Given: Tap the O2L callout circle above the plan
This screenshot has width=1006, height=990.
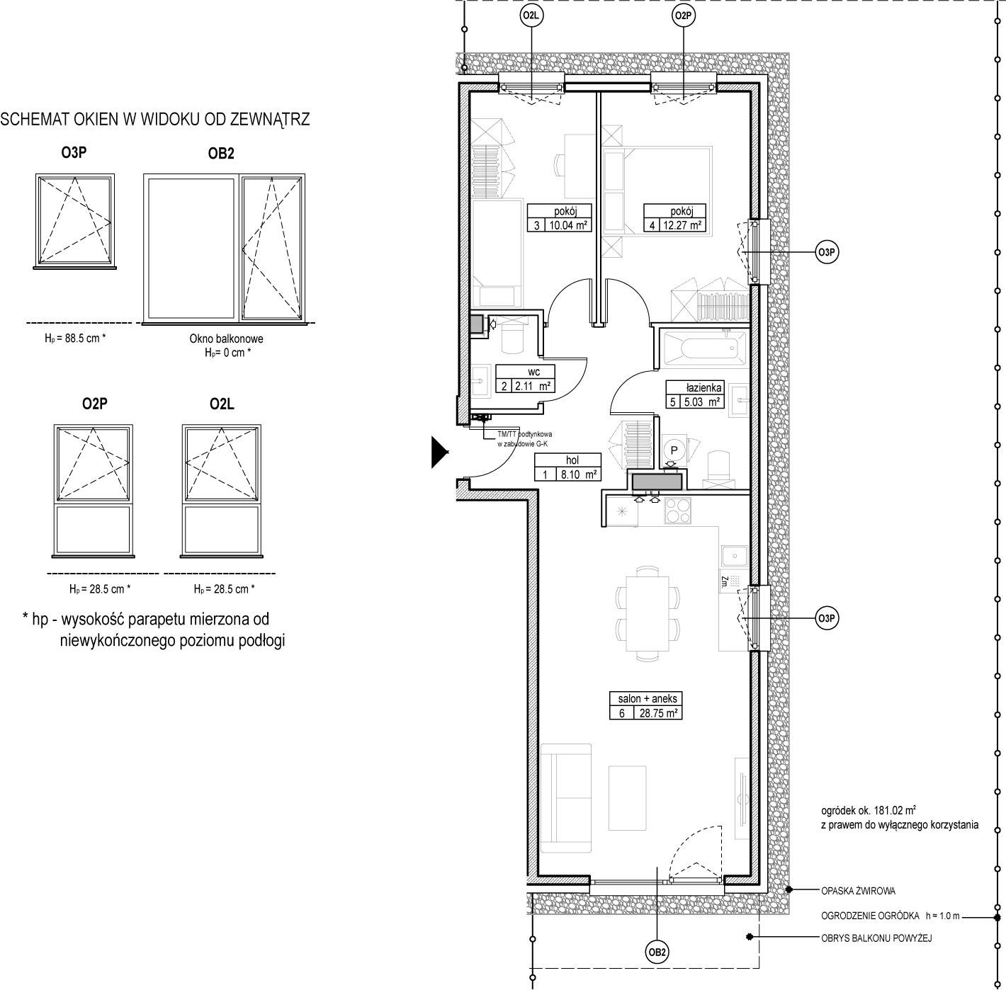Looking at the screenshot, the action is click(x=531, y=16).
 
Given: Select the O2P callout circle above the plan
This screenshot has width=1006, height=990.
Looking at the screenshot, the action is click(x=683, y=16).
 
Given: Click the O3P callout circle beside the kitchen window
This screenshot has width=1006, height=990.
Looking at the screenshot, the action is click(x=827, y=618).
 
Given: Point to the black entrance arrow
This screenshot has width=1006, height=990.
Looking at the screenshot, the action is click(x=439, y=452).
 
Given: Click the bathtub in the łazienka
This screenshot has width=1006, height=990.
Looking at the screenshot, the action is click(x=704, y=348).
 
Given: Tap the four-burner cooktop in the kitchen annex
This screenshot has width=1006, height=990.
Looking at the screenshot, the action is click(x=677, y=511).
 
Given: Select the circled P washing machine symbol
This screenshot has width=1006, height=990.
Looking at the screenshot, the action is click(x=674, y=450).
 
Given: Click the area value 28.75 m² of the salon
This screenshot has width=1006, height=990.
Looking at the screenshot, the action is click(x=658, y=713).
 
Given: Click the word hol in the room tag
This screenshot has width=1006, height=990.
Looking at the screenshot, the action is click(x=572, y=460).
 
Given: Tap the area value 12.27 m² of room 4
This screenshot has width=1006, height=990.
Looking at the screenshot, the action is click(x=682, y=225).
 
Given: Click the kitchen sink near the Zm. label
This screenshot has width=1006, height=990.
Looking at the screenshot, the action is click(x=735, y=557).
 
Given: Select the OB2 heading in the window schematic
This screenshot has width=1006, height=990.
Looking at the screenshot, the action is click(x=221, y=154).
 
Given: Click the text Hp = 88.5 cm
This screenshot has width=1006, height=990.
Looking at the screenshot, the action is click(x=75, y=338).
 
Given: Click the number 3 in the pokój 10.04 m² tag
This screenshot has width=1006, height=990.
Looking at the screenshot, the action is click(x=536, y=225).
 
